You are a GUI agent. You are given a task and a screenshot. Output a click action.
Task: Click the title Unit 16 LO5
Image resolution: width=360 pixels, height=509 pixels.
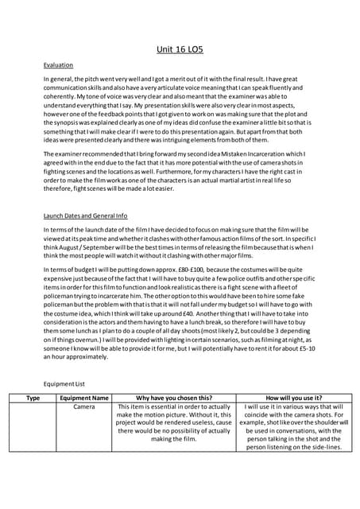pyautogui.click(x=180, y=49)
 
